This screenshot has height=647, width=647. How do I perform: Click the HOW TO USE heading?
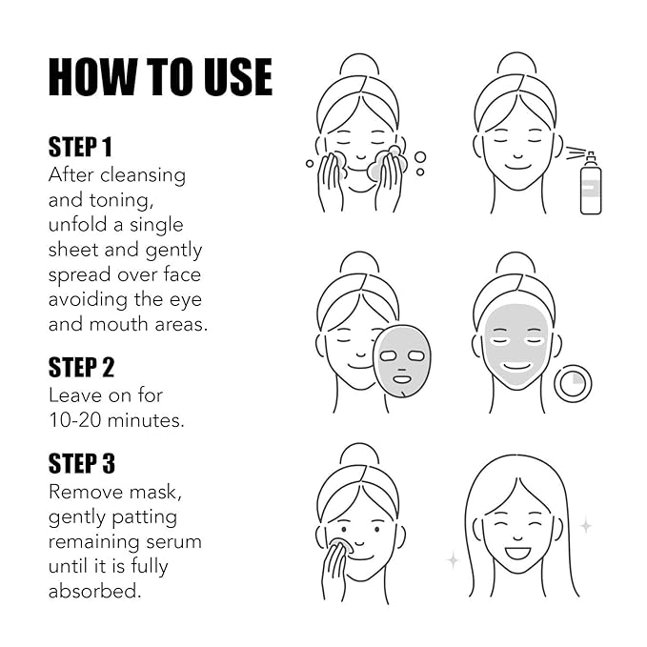pyautogui.click(x=160, y=77)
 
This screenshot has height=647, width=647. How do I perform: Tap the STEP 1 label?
pyautogui.click(x=80, y=147)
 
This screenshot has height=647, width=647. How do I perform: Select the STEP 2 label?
pyautogui.click(x=81, y=367)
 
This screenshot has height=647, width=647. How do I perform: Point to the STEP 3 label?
pyautogui.click(x=81, y=464)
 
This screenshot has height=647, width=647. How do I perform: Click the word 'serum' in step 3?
pyautogui.click(x=173, y=541)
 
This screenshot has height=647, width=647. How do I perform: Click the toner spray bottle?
pyautogui.click(x=591, y=185)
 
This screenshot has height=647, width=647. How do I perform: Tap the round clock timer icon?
pyautogui.click(x=573, y=383)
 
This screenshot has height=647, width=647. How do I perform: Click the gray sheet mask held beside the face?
pyautogui.click(x=401, y=360)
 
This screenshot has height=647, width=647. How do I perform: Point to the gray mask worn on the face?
pyautogui.click(x=516, y=343)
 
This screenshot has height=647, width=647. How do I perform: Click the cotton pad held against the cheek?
pyautogui.click(x=340, y=547)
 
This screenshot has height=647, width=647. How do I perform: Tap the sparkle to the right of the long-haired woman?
pyautogui.click(x=585, y=525)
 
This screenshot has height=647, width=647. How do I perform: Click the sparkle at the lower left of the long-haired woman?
pyautogui.click(x=453, y=560)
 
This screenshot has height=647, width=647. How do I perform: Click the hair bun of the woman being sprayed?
pyautogui.click(x=516, y=65)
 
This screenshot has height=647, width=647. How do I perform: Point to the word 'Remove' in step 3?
pyautogui.click(x=86, y=493)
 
